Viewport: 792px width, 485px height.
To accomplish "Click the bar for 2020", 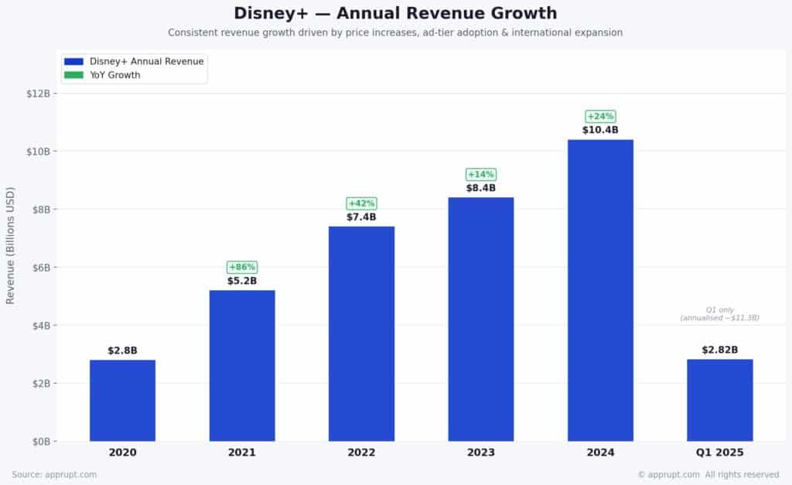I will [x=122, y=400].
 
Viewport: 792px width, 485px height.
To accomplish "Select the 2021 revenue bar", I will [x=242, y=365].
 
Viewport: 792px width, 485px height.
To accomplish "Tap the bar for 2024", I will [x=600, y=290].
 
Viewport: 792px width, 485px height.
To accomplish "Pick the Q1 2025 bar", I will [x=719, y=400].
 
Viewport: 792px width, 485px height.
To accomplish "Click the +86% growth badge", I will [x=242, y=267].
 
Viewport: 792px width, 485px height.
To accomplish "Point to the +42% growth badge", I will [x=361, y=203].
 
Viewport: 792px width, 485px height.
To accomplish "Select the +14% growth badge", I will [x=481, y=174].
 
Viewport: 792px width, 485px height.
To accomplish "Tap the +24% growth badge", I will [x=600, y=116].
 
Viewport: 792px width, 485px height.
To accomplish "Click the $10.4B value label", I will [x=600, y=130].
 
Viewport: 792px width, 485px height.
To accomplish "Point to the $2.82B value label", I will [x=719, y=350].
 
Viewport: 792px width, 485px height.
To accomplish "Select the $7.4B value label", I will [x=361, y=217].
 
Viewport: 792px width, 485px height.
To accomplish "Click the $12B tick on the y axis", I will [x=39, y=93].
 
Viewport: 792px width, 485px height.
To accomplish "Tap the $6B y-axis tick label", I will [x=41, y=267].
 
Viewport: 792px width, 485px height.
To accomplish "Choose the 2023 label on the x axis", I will [x=481, y=453].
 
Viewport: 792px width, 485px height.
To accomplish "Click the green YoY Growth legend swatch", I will [x=74, y=75].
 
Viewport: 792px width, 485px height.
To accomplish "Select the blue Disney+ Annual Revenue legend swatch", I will [x=74, y=61].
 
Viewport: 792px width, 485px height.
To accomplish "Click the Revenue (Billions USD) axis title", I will [x=11, y=244].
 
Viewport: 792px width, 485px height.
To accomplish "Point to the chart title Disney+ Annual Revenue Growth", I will [x=395, y=13].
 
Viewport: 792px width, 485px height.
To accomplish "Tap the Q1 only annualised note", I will [x=719, y=314].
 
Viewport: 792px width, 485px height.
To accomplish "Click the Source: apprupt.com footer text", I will [x=54, y=474].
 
